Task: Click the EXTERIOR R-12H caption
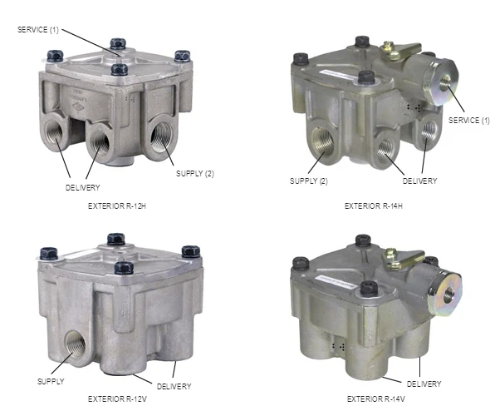[117, 206]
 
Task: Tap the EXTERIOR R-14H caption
[374, 206]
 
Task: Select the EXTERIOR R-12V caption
[117, 399]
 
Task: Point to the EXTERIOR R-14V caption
[376, 399]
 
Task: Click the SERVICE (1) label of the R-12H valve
[38, 30]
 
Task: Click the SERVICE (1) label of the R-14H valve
[469, 120]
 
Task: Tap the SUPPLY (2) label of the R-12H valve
[195, 174]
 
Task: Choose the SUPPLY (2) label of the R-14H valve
[309, 181]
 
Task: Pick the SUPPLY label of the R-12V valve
[51, 381]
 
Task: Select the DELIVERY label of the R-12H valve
[83, 187]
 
